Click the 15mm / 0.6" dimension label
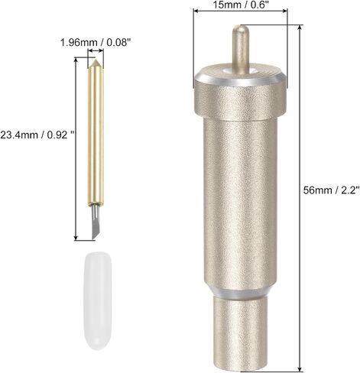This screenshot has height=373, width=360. tap(241, 5)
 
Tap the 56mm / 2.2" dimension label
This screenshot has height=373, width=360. tap(332, 190)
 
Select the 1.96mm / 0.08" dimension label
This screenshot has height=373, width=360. tap(96, 42)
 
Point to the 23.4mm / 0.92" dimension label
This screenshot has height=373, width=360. tap(37, 135)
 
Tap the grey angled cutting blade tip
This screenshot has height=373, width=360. tap(96, 222)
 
